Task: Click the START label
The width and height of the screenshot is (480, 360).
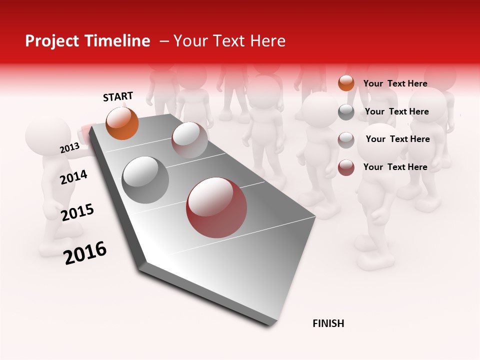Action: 118,96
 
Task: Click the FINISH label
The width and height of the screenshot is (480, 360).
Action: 328,323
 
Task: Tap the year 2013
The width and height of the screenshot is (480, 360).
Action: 69,148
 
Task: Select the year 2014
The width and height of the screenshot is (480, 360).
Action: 73,177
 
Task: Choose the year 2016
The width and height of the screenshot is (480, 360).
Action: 85,253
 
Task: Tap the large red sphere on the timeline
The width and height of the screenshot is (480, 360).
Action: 216,207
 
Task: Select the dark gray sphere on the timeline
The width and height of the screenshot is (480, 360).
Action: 145,180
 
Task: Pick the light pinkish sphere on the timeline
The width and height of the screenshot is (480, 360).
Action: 189,140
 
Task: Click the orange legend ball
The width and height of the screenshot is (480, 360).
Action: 346,83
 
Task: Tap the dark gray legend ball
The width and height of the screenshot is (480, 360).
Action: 346,112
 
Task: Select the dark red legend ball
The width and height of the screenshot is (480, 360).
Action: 346,167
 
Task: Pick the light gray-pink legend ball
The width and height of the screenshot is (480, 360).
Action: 346,139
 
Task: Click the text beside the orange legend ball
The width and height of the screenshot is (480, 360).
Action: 395,83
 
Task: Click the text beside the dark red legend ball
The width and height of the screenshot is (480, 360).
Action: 395,167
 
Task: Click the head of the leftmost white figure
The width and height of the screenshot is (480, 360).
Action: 48,136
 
